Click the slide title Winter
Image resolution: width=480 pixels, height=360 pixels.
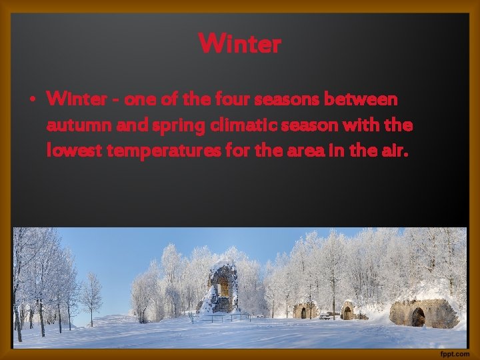pyautogui.click(x=240, y=45)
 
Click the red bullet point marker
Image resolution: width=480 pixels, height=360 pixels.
pyautogui.click(x=31, y=101)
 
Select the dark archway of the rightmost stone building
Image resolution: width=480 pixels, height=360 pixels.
pyautogui.click(x=418, y=317)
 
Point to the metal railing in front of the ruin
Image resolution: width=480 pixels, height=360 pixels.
pyautogui.click(x=227, y=316)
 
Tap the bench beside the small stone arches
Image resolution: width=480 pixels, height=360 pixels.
pyautogui.click(x=326, y=315)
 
